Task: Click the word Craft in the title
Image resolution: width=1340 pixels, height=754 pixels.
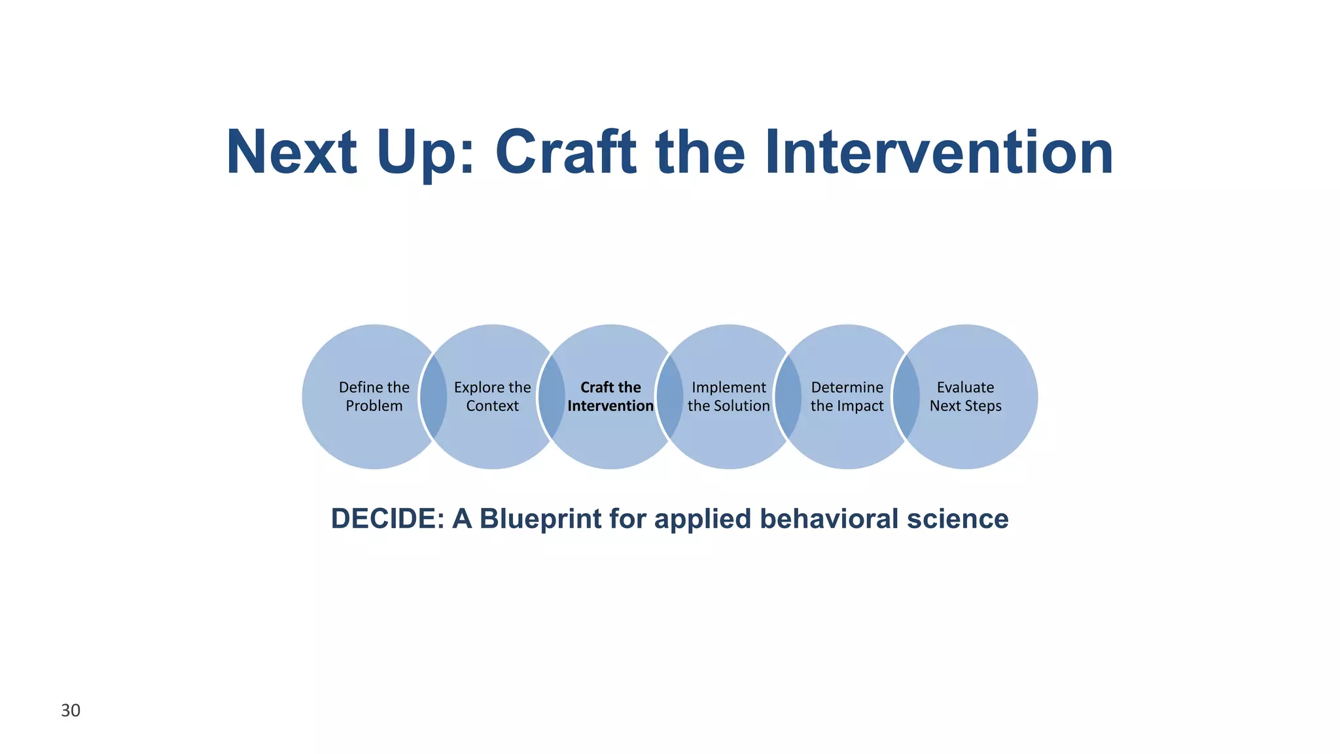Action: point(565,152)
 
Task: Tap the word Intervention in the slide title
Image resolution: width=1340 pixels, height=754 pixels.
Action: point(938,152)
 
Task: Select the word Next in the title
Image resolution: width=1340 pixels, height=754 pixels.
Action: point(291,152)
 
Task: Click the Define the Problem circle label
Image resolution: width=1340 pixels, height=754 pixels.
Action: point(374,397)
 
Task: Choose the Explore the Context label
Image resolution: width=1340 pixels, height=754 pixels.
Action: point(492,397)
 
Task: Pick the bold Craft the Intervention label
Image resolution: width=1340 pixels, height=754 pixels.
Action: point(610,397)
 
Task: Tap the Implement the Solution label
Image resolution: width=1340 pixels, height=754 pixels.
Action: point(728,397)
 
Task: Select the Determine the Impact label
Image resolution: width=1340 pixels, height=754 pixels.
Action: point(847,397)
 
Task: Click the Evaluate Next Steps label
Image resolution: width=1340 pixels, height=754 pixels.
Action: point(965,397)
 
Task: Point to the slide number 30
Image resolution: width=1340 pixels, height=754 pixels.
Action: point(71,711)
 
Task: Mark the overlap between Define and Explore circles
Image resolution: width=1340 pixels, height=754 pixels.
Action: point(433,397)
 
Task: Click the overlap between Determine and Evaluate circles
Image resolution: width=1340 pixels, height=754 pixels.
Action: point(906,397)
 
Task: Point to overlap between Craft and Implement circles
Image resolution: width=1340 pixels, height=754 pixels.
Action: point(669,397)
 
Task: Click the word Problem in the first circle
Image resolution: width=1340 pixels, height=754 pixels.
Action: point(374,406)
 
